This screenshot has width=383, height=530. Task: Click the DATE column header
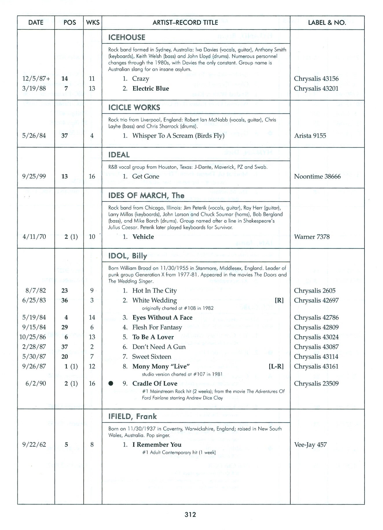click(36, 23)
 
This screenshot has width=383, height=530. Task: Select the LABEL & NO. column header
click(327, 23)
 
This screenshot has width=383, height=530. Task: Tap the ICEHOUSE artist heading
click(127, 37)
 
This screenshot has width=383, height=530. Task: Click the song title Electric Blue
click(151, 89)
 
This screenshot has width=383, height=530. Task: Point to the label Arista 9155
click(310, 136)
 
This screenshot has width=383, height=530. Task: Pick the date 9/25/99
click(34, 176)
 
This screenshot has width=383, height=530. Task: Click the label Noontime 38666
click(317, 176)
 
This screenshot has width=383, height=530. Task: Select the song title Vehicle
click(143, 237)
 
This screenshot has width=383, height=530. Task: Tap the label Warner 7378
click(312, 237)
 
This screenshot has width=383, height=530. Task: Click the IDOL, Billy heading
click(127, 256)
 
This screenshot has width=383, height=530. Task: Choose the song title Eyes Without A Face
click(162, 318)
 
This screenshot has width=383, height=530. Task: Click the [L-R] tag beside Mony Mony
click(276, 366)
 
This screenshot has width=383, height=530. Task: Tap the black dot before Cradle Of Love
click(110, 384)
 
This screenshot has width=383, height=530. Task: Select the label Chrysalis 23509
click(316, 384)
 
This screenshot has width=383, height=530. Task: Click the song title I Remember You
click(157, 445)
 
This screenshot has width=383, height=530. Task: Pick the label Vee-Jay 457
click(310, 445)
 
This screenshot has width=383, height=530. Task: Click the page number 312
click(190, 514)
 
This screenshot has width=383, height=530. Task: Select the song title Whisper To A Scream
click(178, 136)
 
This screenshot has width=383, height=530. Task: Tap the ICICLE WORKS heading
click(134, 107)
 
